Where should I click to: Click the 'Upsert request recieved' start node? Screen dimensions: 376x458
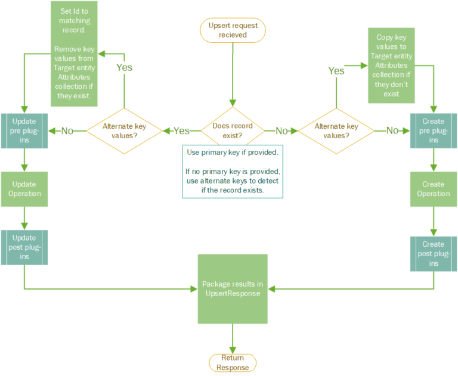[232, 30]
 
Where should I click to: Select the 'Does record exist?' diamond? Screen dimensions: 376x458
[233, 130]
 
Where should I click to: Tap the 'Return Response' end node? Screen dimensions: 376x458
[232, 362]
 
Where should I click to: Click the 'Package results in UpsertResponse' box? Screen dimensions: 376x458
[231, 288]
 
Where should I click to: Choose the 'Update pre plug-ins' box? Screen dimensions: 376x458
[24, 130]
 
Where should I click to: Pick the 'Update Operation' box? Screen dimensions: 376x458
[24, 189]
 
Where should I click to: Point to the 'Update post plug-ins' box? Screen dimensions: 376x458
[24, 247]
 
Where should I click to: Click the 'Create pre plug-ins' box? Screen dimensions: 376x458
[433, 130]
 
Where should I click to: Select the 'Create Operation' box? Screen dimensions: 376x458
[433, 189]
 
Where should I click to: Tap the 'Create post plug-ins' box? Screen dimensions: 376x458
[433, 253]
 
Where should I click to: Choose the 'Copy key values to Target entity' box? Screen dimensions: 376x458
[391, 66]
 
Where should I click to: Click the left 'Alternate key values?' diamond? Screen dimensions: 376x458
[124, 130]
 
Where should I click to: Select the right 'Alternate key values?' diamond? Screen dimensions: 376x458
[336, 130]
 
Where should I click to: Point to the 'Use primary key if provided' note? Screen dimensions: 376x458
[233, 171]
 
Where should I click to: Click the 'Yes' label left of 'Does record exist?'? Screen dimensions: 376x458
[181, 130]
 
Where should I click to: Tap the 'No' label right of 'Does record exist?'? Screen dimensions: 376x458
[282, 130]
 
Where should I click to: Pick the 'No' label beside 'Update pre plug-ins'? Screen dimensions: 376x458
[67, 130]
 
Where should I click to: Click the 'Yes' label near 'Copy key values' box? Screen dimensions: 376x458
[336, 71]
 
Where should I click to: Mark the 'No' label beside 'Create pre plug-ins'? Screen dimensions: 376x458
[392, 130]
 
